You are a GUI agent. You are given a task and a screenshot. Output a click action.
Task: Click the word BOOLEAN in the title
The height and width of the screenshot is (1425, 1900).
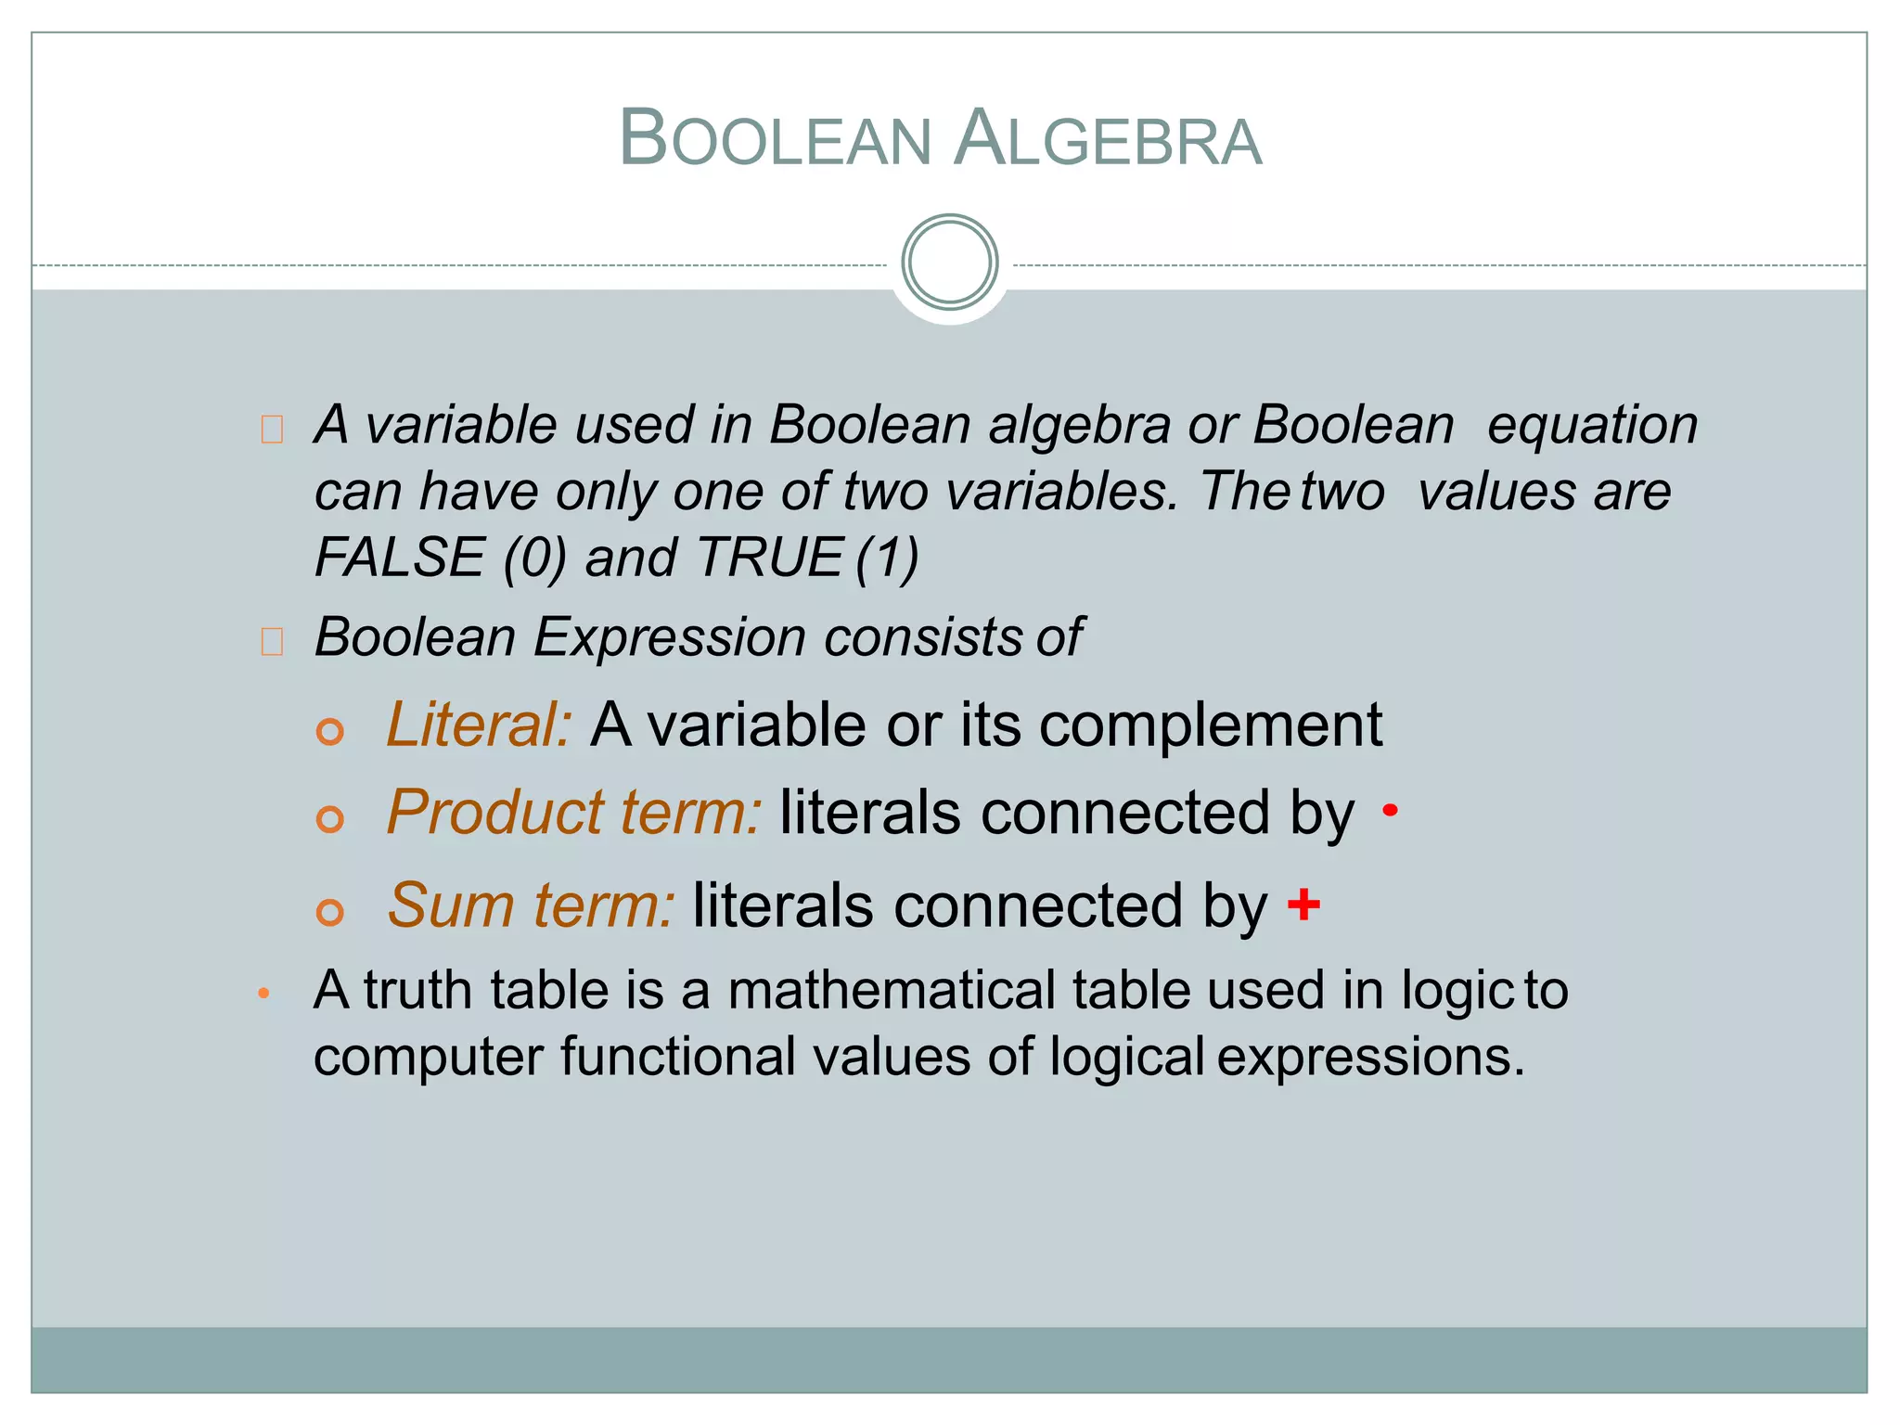(x=775, y=139)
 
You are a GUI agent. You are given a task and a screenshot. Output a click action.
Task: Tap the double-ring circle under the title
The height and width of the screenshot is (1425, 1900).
(x=949, y=263)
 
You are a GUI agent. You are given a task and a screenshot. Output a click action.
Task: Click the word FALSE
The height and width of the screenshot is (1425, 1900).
(x=400, y=558)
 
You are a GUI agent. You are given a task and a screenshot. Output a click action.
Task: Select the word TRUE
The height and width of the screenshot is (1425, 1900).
(x=769, y=558)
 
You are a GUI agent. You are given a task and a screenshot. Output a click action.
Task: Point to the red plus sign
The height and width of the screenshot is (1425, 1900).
(x=1303, y=904)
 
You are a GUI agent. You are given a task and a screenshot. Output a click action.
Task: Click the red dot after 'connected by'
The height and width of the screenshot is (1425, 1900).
(x=1390, y=811)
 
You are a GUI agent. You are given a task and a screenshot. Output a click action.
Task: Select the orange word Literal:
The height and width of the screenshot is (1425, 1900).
(x=479, y=725)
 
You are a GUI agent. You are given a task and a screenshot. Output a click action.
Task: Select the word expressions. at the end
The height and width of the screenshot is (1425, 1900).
(x=1370, y=1057)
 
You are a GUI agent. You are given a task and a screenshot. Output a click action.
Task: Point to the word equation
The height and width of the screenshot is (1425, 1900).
(x=1592, y=426)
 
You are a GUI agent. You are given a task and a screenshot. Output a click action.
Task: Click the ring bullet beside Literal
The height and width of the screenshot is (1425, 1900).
(x=330, y=731)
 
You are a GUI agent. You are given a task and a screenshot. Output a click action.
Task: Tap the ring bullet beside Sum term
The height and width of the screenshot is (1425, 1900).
(x=330, y=912)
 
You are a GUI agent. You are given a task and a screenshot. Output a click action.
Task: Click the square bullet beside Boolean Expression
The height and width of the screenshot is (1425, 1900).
(x=272, y=641)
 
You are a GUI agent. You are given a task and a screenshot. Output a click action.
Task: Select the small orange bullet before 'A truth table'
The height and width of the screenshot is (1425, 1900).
(x=264, y=994)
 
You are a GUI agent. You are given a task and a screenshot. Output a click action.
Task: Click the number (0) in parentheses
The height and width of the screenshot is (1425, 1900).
(x=534, y=558)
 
